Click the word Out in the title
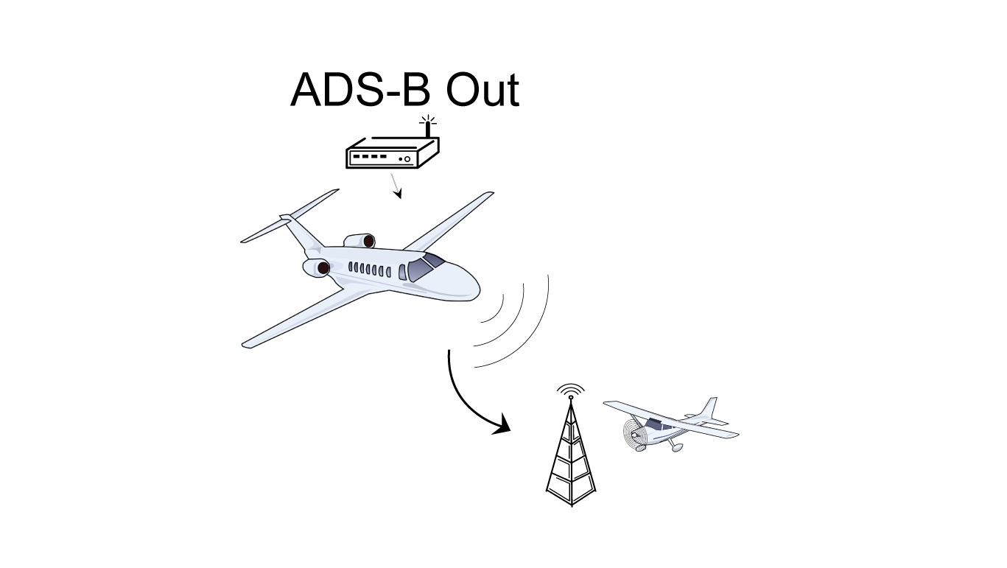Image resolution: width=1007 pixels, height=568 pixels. pos(483,91)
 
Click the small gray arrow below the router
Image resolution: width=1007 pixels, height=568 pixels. pos(396,185)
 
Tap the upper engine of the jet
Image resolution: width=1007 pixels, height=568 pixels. pos(360,240)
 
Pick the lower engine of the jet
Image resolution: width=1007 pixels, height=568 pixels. pos(317,267)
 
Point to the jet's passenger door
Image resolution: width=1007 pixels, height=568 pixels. pos(402,273)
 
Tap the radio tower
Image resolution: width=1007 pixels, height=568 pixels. pos(571,457)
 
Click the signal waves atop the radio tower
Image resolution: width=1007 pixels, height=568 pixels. pos(571,388)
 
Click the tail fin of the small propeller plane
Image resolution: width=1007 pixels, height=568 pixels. pos(709,409)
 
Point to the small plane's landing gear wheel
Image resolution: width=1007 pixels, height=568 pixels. pos(677,447)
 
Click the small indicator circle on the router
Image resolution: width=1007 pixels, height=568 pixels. pos(407,158)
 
